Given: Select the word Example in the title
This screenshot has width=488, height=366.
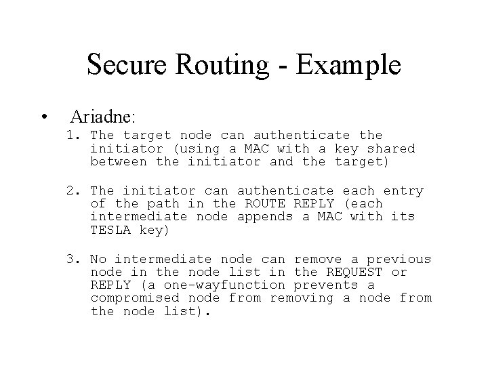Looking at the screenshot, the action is (x=350, y=65).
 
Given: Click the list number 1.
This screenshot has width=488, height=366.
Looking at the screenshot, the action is (x=73, y=136).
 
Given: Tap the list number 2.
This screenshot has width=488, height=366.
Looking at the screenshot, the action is (x=73, y=191).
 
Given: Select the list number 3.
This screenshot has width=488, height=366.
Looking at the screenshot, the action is (x=73, y=259).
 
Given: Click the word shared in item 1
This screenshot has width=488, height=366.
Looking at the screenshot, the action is (x=391, y=148).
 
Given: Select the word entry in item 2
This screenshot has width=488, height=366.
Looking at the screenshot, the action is (x=403, y=191).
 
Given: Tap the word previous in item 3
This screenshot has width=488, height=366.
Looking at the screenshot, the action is (x=400, y=259).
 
